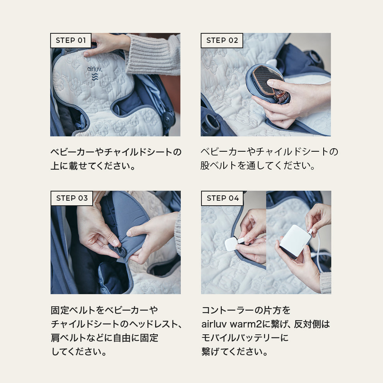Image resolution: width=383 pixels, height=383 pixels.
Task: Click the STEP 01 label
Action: (71, 40)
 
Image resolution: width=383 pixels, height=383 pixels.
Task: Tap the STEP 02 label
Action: (222, 40)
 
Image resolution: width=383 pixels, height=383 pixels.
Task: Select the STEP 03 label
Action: (72, 198)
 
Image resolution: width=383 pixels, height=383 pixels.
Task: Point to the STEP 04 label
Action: (222, 198)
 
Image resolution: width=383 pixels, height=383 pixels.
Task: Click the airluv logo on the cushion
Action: (95, 73)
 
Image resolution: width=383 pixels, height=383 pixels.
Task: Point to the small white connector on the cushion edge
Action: (231, 244)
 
